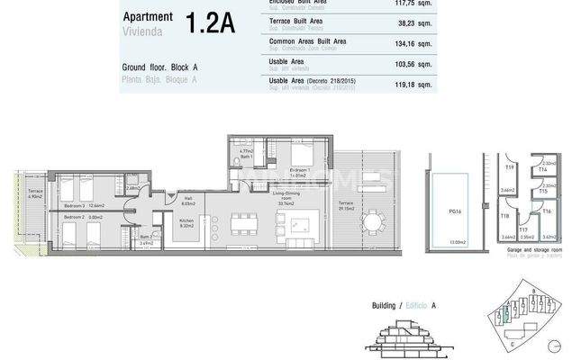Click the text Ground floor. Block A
(159, 68)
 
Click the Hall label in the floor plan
(188, 201)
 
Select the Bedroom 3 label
(77, 204)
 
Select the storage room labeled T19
(509, 167)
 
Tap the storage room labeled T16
(547, 210)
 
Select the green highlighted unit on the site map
(505, 315)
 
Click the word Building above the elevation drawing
(385, 306)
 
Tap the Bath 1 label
(234, 155)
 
